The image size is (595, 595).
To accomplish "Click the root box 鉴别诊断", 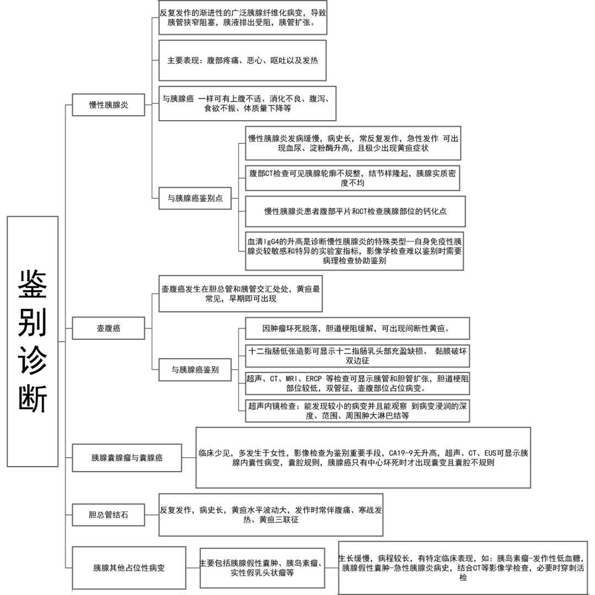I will (33, 341).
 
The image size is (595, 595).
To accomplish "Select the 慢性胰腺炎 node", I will (109, 104).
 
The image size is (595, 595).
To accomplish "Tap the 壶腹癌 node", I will (109, 329).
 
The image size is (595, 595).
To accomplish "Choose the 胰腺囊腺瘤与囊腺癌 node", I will (127, 457).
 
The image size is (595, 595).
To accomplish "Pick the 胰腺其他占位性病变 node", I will (129, 567).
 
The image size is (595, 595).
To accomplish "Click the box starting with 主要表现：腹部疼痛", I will (242, 61).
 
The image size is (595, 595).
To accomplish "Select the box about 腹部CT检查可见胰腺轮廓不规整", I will (353, 178).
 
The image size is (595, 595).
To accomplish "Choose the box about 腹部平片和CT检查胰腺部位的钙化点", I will (355, 212).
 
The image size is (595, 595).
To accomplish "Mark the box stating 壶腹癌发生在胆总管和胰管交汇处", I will (240, 294).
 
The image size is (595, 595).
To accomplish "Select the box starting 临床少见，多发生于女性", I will (363, 457).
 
